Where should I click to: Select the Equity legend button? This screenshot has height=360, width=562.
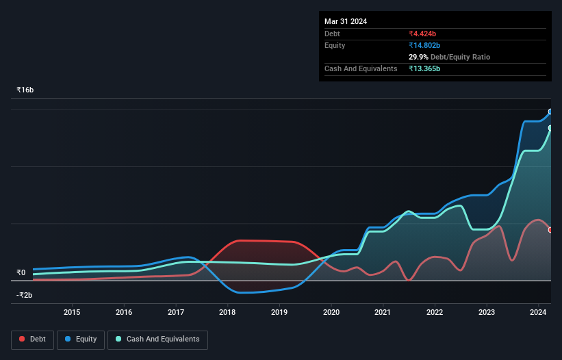click(x=81, y=339)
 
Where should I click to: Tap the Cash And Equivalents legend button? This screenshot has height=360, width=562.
click(x=157, y=339)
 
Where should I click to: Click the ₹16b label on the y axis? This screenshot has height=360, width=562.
click(x=25, y=90)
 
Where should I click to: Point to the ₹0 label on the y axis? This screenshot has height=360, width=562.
click(x=21, y=272)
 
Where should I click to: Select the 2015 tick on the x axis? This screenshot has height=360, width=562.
click(x=72, y=313)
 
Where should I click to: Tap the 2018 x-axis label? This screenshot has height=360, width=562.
click(x=227, y=313)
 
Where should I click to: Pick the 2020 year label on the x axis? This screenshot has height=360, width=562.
click(x=331, y=313)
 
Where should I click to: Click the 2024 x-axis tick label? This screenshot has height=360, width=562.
click(x=538, y=313)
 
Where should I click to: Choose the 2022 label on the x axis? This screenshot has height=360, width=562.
click(x=435, y=313)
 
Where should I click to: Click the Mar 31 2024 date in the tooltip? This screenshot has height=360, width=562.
click(x=346, y=21)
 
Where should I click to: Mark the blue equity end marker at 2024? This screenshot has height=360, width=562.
click(x=550, y=112)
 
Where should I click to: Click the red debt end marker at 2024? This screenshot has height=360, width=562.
click(x=550, y=230)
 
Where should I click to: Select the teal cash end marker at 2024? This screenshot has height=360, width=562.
click(x=550, y=128)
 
